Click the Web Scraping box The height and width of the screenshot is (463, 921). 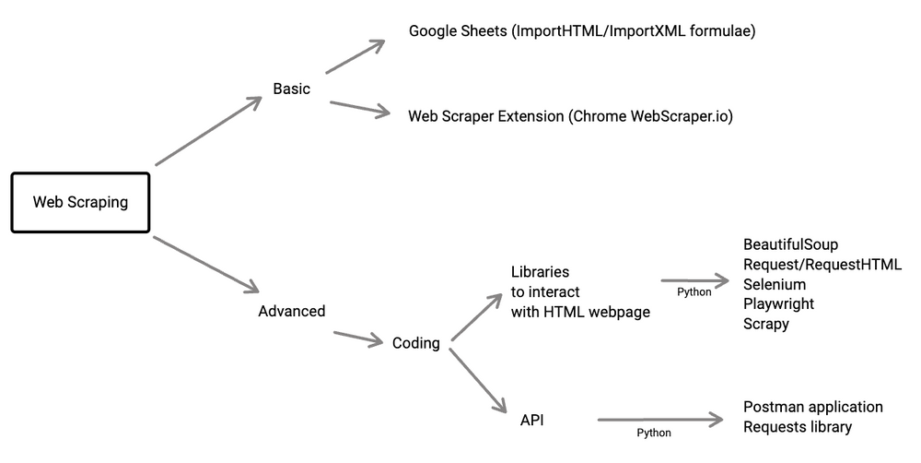pyautogui.click(x=80, y=202)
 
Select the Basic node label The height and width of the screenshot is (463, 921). pyautogui.click(x=291, y=89)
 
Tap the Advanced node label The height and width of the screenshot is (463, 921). pyautogui.click(x=291, y=311)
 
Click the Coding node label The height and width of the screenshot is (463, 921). pyautogui.click(x=415, y=343)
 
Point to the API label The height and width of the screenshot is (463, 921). pyautogui.click(x=531, y=420)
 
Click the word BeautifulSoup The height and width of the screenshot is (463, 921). pyautogui.click(x=790, y=244)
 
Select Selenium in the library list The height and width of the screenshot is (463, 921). pyautogui.click(x=775, y=284)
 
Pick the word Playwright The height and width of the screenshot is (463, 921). pyautogui.click(x=778, y=303)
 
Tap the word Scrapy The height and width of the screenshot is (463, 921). pyautogui.click(x=766, y=324)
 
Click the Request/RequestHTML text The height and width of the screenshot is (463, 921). pyautogui.click(x=822, y=265)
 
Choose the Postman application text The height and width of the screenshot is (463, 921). pyautogui.click(x=812, y=407)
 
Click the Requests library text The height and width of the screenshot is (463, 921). pyautogui.click(x=797, y=426)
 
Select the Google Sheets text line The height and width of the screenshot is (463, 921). pyautogui.click(x=582, y=31)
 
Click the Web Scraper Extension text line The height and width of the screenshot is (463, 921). pyautogui.click(x=570, y=116)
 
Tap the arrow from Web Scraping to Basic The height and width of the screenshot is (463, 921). pyautogui.click(x=210, y=131)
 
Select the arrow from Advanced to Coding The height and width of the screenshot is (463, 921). pyautogui.click(x=357, y=338)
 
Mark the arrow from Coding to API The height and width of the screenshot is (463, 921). pyautogui.click(x=479, y=380)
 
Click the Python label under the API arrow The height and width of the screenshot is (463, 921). pyautogui.click(x=654, y=433)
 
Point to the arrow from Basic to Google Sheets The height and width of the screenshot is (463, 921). pyautogui.click(x=355, y=57)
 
